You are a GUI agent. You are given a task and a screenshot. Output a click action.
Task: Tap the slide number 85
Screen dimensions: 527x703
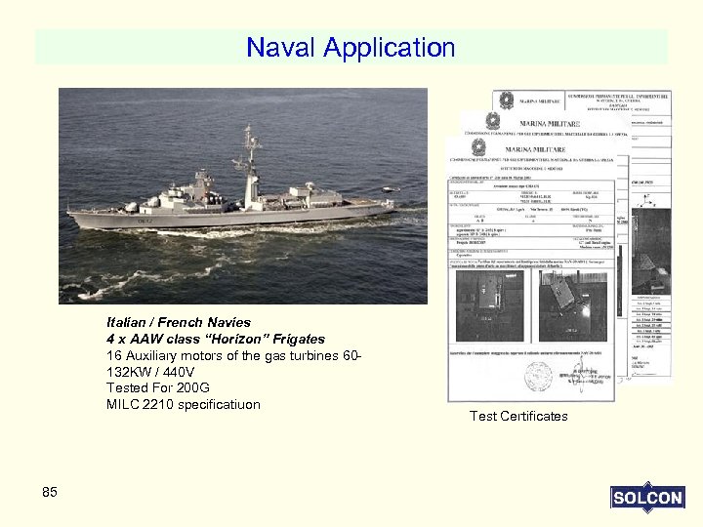(50, 492)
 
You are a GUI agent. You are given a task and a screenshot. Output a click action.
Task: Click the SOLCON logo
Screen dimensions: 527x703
(646, 498)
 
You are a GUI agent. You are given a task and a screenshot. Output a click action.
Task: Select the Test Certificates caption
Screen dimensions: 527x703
(517, 417)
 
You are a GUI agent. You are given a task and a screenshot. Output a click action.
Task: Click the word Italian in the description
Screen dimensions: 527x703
(130, 322)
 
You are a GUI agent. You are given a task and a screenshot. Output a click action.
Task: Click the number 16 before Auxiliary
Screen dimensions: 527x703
(114, 355)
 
